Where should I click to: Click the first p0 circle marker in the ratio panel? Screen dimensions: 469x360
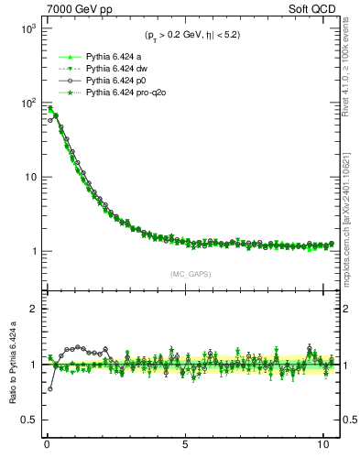(49, 388)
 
